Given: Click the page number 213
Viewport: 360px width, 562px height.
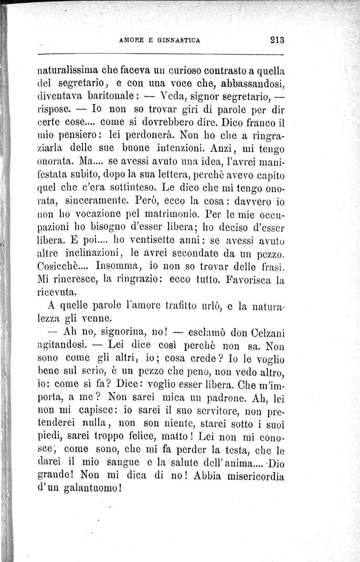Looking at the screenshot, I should pyautogui.click(x=275, y=38).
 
